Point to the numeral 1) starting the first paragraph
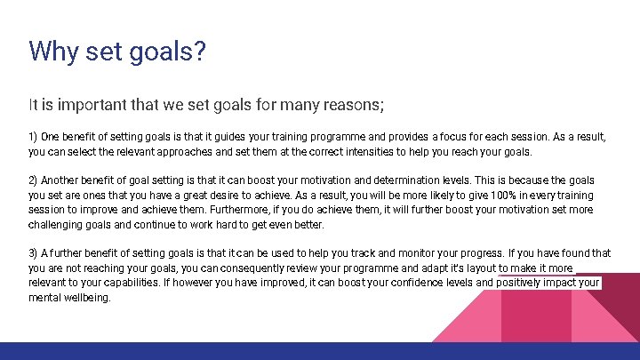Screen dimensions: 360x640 (x=34, y=137)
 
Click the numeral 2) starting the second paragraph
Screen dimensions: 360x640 (x=34, y=180)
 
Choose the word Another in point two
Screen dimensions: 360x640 (x=61, y=180)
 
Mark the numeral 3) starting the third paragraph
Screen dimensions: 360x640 (x=34, y=253)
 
